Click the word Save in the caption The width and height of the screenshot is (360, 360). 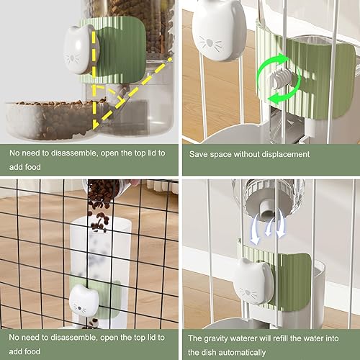(199, 154)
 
